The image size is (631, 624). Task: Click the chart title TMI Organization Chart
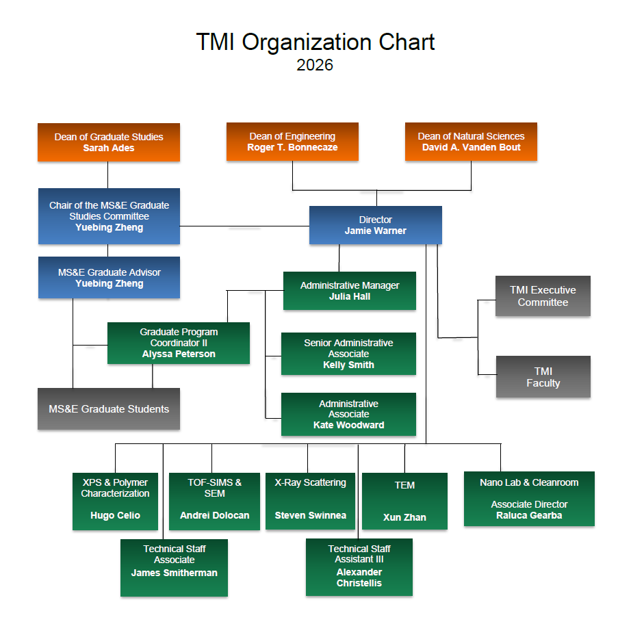[x=315, y=42]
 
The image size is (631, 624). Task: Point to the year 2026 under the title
[x=315, y=65]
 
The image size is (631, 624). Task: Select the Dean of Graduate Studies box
[x=109, y=142]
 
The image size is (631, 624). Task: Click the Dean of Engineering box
[x=292, y=142]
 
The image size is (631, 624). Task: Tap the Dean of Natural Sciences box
[x=471, y=142]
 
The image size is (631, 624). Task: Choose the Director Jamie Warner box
[x=375, y=225]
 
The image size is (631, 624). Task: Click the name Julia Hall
[x=349, y=297]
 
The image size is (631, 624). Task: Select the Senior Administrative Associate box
[x=348, y=354]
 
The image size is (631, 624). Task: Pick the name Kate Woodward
[x=348, y=426]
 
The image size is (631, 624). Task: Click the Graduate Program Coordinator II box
[x=179, y=343]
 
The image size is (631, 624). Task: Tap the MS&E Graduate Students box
[x=109, y=409]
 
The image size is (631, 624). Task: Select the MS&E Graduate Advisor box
[x=109, y=278]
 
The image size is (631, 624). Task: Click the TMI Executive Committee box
[x=543, y=296]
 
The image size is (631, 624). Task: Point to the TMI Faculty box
[x=543, y=377]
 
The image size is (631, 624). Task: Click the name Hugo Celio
[x=115, y=516]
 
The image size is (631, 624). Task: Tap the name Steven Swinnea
[x=310, y=516]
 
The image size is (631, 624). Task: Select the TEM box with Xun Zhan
[x=404, y=501]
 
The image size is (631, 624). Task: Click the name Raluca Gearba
[x=528, y=516]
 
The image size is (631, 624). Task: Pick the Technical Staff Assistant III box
[x=359, y=567]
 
